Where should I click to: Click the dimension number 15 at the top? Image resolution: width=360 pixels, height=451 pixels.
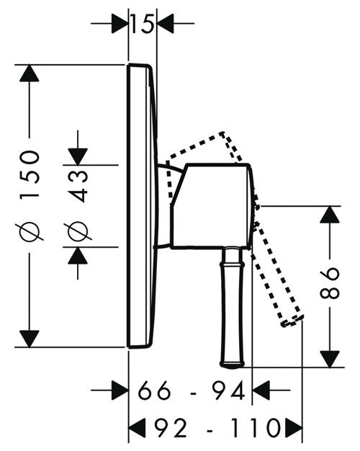(x=142, y=23)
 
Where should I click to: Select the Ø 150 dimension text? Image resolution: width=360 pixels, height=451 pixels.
(x=30, y=195)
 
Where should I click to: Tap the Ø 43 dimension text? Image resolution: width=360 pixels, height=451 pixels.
(x=78, y=205)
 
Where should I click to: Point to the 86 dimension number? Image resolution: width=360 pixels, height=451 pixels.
(x=330, y=283)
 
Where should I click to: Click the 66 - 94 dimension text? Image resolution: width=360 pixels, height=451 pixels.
(x=192, y=390)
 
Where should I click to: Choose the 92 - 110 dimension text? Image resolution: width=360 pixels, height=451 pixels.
(x=217, y=428)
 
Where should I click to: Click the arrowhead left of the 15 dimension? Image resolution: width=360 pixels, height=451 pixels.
(x=120, y=23)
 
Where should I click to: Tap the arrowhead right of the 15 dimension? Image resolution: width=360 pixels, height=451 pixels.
(x=165, y=23)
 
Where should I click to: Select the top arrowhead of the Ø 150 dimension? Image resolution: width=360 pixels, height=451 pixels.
(x=30, y=73)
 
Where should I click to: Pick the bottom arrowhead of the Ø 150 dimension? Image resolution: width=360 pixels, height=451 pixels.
(x=30, y=339)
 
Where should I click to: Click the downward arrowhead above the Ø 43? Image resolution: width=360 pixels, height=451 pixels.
(x=78, y=156)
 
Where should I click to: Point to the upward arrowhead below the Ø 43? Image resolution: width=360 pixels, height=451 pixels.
(x=78, y=256)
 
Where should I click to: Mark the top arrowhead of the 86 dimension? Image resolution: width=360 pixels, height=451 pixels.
(x=330, y=215)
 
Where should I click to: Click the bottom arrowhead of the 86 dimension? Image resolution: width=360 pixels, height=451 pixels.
(x=330, y=359)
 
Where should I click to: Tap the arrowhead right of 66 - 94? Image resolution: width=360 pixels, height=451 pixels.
(x=261, y=390)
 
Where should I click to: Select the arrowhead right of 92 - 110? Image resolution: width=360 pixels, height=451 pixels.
(x=294, y=428)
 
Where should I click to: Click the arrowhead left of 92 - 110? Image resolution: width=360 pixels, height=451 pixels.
(x=137, y=428)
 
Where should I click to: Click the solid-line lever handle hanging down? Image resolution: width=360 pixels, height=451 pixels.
(x=233, y=308)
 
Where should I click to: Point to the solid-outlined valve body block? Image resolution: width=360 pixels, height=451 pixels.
(x=212, y=206)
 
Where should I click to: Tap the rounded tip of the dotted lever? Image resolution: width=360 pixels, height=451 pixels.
(x=292, y=321)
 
